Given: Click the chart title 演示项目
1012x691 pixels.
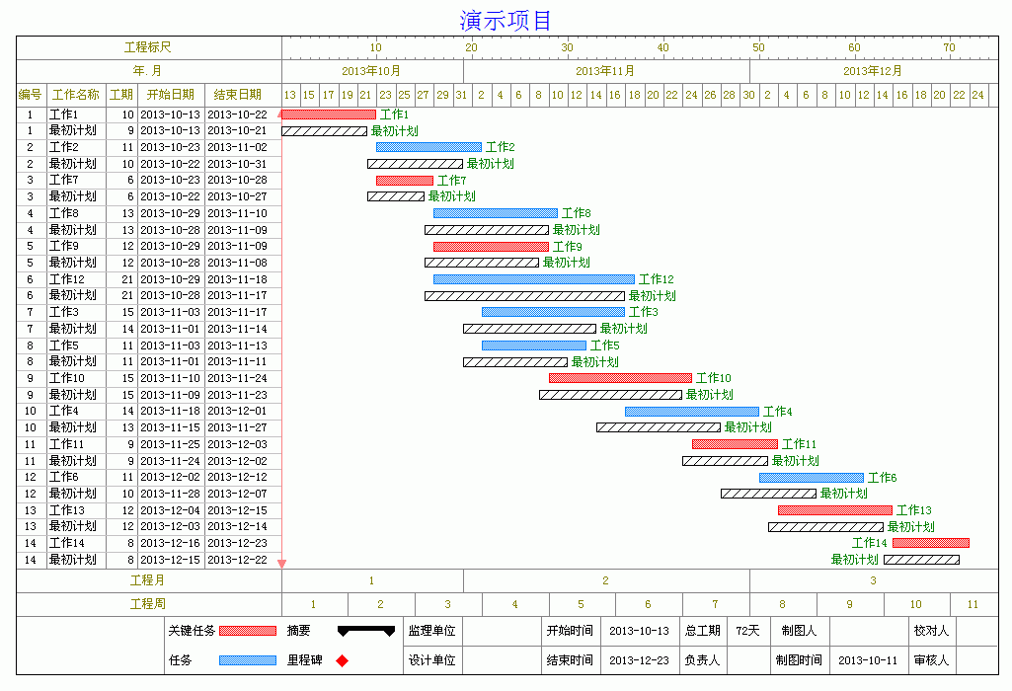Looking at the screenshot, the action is click(506, 20).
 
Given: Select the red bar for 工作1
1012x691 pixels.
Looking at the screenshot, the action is click(329, 115).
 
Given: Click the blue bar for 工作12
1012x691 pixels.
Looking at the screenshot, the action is click(534, 279).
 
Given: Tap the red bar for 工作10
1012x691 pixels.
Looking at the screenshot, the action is click(620, 378).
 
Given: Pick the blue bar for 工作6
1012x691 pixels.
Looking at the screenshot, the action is click(812, 478).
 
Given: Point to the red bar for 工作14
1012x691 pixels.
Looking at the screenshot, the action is click(931, 543).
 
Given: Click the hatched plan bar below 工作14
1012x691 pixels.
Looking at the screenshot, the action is click(921, 560).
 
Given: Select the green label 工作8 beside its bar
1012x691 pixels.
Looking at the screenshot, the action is click(577, 213).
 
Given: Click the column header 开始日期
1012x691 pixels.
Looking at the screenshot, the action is click(171, 95).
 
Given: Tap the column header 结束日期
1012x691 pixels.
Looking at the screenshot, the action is click(238, 95).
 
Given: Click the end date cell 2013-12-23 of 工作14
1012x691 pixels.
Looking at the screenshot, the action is click(238, 543).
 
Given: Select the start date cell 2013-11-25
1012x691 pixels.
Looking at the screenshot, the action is click(171, 444).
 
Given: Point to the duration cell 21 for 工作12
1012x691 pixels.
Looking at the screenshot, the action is click(127, 279).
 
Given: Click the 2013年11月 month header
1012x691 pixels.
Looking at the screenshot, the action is click(605, 71).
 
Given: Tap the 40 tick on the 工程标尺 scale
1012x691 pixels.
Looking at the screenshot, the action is click(662, 47).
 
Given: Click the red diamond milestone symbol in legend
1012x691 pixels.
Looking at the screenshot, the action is click(342, 660).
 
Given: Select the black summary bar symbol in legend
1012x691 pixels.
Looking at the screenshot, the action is click(366, 631).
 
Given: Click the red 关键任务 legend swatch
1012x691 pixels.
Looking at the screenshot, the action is click(248, 631).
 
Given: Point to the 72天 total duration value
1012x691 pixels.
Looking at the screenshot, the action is click(748, 631).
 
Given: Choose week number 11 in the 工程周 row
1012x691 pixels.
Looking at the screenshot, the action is click(973, 604).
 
